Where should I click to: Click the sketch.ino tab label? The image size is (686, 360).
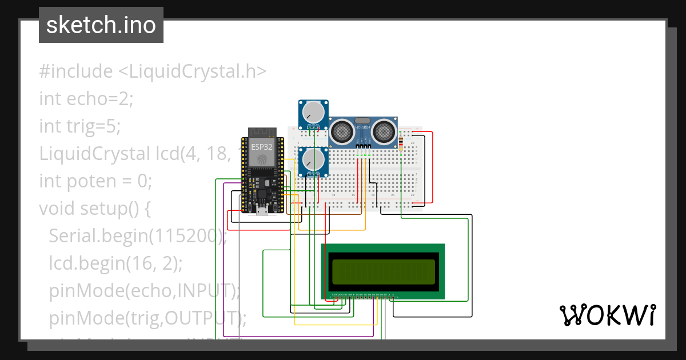(101, 25)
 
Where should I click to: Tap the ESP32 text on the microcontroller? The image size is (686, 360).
(261, 147)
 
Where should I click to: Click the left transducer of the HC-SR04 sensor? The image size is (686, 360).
(342, 132)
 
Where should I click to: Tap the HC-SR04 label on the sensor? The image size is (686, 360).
(363, 127)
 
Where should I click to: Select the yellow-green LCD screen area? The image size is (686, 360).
(383, 272)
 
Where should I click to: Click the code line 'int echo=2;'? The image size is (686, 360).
(86, 99)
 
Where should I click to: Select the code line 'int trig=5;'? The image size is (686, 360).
(80, 126)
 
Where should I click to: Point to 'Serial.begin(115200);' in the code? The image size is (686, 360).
(137, 236)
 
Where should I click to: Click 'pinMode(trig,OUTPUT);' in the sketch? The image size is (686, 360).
(147, 318)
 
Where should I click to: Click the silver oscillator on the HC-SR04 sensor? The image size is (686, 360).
(363, 121)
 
